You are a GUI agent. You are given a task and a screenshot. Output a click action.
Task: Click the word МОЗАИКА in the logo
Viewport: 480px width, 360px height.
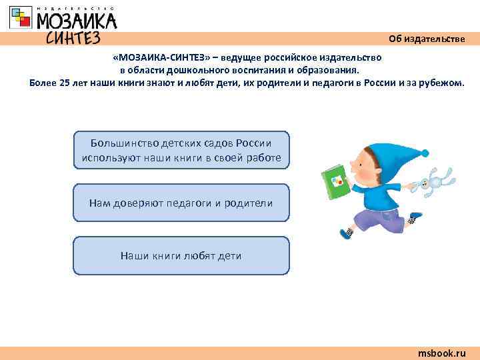click(x=77, y=21)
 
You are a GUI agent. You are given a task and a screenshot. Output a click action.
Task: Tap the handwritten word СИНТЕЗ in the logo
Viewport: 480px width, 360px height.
click(x=73, y=37)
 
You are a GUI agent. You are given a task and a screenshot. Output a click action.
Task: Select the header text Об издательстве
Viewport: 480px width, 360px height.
click(x=427, y=39)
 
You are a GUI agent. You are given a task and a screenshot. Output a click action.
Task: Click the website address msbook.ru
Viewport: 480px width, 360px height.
click(x=441, y=353)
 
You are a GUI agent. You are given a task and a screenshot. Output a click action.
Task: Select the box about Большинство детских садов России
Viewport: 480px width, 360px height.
click(x=181, y=150)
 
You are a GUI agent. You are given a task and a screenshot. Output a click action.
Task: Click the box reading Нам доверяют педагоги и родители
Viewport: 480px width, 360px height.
click(x=181, y=203)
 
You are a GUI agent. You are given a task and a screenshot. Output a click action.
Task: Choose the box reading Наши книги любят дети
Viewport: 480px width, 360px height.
click(x=181, y=255)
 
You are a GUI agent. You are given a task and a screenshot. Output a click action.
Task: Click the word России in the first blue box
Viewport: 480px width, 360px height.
click(x=253, y=143)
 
